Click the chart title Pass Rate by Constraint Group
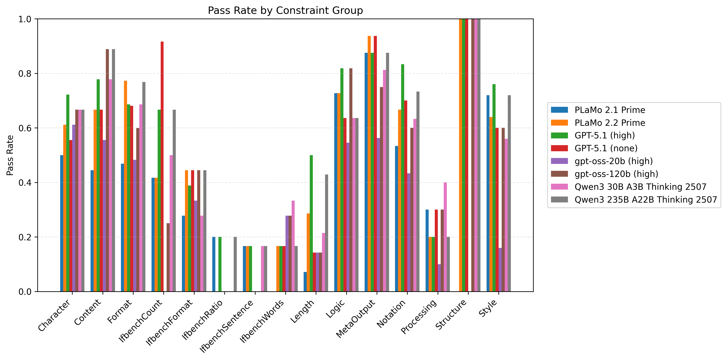point(285,10)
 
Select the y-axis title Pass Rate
point(10,155)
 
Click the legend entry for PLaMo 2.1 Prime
point(610,110)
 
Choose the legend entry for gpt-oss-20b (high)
point(614,161)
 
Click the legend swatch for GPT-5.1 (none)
point(559,148)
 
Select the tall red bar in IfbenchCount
point(162,167)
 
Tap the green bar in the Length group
point(311,223)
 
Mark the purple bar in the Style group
point(500,270)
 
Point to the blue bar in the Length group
point(305,282)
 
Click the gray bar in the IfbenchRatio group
point(235,264)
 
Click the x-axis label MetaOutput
point(356,318)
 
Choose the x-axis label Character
point(54,315)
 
